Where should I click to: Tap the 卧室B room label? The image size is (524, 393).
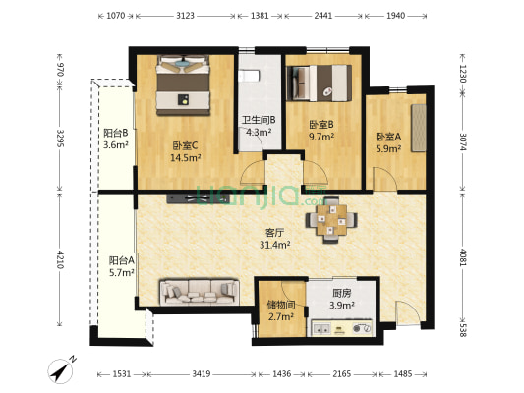[321, 125]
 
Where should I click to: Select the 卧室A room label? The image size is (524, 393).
[387, 137]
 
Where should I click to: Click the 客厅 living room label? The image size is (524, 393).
[276, 233]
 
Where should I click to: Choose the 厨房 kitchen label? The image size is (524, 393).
[342, 294]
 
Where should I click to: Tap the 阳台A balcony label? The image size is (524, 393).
[122, 261]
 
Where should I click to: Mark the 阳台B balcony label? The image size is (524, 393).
[116, 133]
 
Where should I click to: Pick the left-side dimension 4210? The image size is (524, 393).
[60, 260]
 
